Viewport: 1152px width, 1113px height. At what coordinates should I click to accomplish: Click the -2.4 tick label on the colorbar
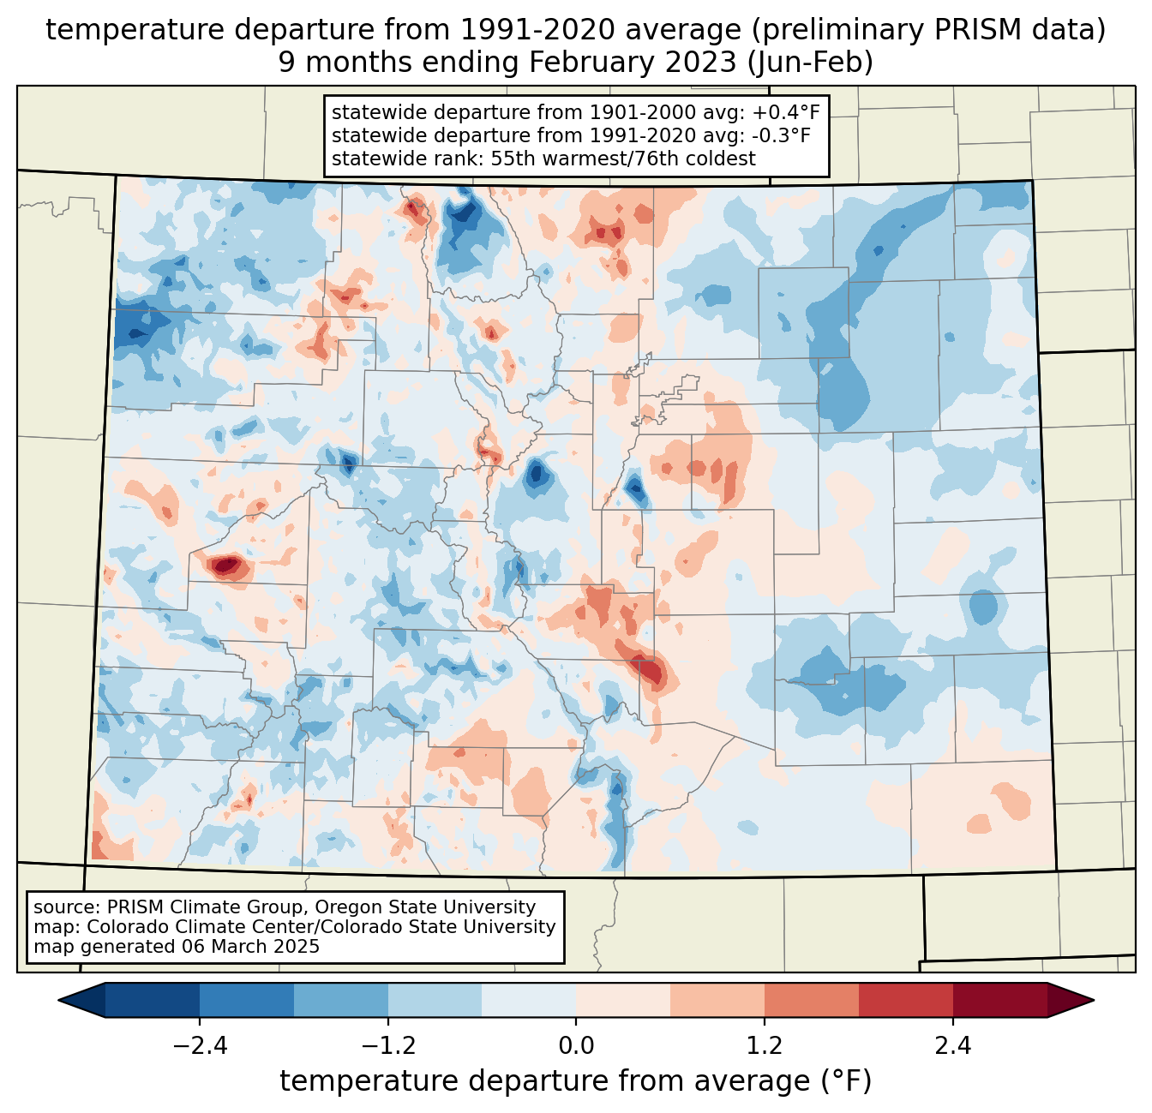tap(199, 1046)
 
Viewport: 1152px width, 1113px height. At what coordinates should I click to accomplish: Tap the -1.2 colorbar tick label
tap(387, 1046)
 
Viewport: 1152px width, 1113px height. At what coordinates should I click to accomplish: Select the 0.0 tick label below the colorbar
tap(576, 1046)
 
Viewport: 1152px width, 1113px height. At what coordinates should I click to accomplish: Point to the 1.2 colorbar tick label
tap(765, 1046)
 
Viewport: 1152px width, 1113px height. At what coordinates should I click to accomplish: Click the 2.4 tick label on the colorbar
tap(953, 1046)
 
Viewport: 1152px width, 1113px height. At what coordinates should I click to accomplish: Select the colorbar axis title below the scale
tap(576, 1081)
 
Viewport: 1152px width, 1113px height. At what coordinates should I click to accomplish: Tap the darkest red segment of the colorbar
tap(999, 1000)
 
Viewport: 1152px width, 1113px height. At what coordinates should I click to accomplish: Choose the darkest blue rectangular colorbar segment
tap(153, 1000)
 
